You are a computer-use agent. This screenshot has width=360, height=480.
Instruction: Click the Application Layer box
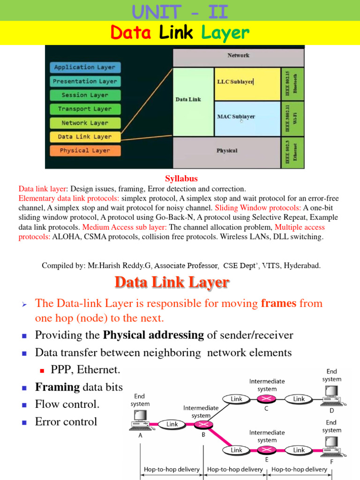85,67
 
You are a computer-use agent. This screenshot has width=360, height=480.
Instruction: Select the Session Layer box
85,95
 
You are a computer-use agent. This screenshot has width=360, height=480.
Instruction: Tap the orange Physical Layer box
85,150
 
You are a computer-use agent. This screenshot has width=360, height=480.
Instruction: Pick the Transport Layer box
85,109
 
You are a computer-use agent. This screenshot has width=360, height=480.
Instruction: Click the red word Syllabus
181,179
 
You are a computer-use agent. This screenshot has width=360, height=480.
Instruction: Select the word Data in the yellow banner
130,33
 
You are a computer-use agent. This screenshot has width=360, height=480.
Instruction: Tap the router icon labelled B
203,424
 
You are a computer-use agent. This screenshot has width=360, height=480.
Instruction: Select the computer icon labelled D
331,395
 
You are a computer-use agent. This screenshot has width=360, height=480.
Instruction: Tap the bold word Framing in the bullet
57,387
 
